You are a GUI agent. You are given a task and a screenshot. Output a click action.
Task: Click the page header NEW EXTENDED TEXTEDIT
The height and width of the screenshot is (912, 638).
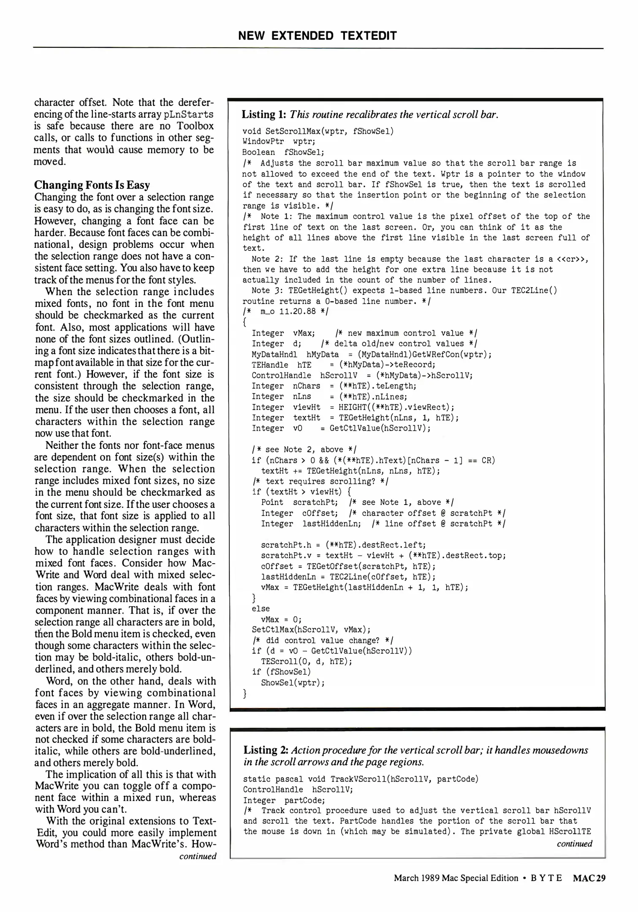click(318, 36)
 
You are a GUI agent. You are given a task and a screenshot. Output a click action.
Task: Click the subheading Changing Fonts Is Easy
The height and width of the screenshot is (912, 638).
click(92, 185)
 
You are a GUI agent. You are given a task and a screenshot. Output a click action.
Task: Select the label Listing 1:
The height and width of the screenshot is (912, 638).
click(264, 114)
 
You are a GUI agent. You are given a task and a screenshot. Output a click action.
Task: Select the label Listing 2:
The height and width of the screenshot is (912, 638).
click(266, 750)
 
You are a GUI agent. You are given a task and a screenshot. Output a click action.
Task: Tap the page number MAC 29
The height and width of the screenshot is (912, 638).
click(589, 878)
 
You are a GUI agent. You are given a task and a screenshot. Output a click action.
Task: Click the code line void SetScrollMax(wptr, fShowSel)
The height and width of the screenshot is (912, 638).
click(318, 131)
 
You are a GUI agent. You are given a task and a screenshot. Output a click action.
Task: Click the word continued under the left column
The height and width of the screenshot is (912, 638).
click(198, 856)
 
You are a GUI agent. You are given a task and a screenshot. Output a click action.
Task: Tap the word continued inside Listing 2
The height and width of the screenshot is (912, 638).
click(574, 844)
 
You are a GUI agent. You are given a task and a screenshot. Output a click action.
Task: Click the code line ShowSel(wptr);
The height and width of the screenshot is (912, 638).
click(293, 683)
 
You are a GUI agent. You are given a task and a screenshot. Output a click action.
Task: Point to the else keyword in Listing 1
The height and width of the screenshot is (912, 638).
click(261, 608)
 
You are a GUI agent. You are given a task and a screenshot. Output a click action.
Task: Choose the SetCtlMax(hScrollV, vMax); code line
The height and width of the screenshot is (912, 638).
click(311, 630)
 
